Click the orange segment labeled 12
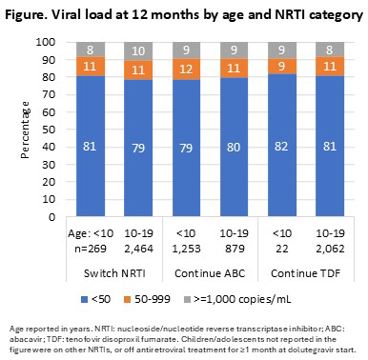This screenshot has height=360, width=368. pyautogui.click(x=186, y=69)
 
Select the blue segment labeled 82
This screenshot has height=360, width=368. pyautogui.click(x=282, y=145)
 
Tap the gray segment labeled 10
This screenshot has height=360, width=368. pyautogui.click(x=138, y=51)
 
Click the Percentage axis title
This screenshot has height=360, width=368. pyautogui.click(x=25, y=130)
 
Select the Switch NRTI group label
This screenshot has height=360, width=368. pyautogui.click(x=114, y=273)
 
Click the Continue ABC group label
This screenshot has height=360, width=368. pyautogui.click(x=210, y=273)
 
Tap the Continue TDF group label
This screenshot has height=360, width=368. pyautogui.click(x=306, y=273)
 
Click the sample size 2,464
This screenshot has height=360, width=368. pyautogui.click(x=139, y=249)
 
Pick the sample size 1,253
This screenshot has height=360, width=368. pyautogui.click(x=186, y=249)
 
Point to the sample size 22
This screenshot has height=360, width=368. pyautogui.click(x=282, y=249)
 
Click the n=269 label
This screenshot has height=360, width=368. pyautogui.click(x=91, y=249)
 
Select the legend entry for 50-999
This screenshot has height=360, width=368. pyautogui.click(x=147, y=299)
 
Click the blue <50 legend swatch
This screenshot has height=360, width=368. pyautogui.click(x=85, y=299)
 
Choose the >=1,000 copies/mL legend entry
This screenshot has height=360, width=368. pyautogui.click(x=237, y=299)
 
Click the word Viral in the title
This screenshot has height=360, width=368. pyautogui.click(x=68, y=14)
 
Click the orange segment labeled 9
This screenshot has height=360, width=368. pyautogui.click(x=282, y=67)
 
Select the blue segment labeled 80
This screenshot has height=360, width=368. pyautogui.click(x=234, y=147)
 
